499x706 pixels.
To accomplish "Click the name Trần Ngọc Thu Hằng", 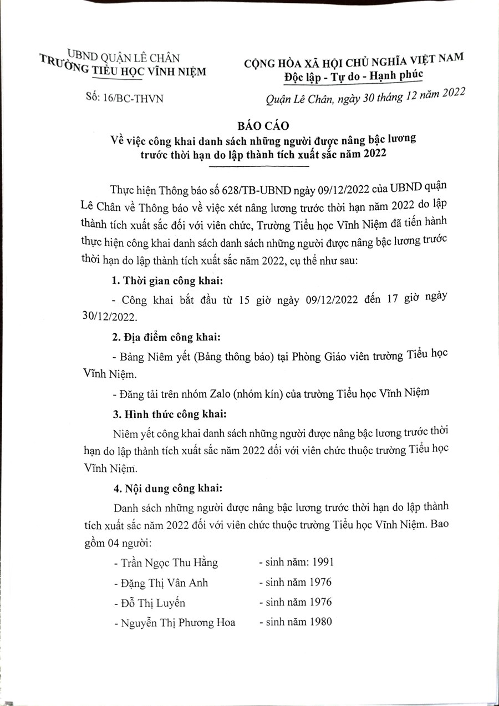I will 169,562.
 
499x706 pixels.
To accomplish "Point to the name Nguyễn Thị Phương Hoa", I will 174,622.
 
